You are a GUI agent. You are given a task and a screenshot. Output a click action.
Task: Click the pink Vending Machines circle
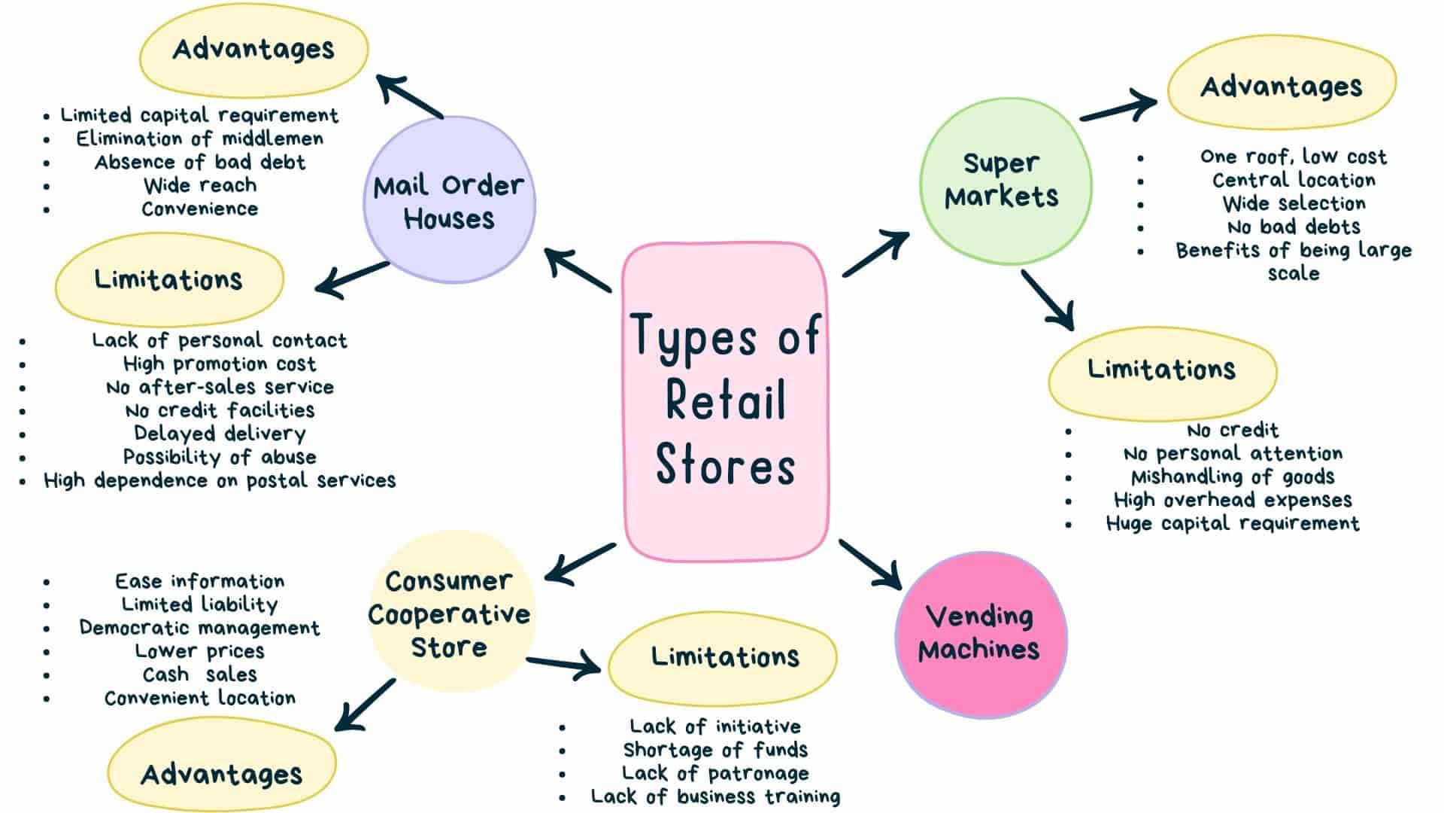pyautogui.click(x=980, y=634)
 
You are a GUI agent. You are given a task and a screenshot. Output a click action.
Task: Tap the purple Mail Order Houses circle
pyautogui.click(x=449, y=200)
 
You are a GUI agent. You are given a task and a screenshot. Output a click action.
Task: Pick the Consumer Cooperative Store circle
pyautogui.click(x=449, y=614)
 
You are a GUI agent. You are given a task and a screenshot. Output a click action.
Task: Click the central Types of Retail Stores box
pyautogui.click(x=726, y=401)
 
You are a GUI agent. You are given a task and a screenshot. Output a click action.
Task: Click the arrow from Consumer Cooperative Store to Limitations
pyautogui.click(x=564, y=664)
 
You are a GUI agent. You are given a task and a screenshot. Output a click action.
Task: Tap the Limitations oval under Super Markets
pyautogui.click(x=1162, y=371)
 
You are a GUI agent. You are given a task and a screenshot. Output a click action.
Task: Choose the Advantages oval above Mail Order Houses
pyautogui.click(x=253, y=50)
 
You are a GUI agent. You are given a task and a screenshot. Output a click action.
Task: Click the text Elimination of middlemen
pyautogui.click(x=200, y=139)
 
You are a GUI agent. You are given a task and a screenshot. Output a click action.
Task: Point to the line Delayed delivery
pyautogui.click(x=220, y=434)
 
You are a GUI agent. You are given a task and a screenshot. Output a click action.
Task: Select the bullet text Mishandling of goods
pyautogui.click(x=1233, y=477)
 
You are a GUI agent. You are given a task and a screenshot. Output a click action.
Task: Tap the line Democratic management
pyautogui.click(x=200, y=628)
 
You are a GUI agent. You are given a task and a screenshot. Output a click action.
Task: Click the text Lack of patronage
pyautogui.click(x=715, y=773)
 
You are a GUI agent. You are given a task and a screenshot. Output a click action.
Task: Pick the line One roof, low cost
pyautogui.click(x=1293, y=157)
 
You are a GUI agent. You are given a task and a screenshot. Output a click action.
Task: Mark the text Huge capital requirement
pyautogui.click(x=1233, y=523)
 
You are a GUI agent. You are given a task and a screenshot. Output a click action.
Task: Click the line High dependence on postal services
pyautogui.click(x=220, y=480)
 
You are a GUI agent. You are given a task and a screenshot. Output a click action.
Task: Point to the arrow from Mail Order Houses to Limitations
pyautogui.click(x=352, y=279)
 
